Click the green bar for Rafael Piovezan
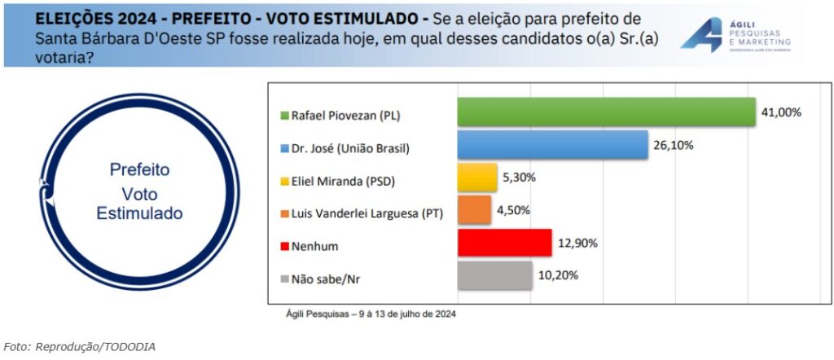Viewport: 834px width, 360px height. pos(606,112)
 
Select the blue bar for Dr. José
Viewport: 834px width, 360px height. pos(552,145)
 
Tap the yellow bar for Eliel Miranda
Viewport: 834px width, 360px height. pos(477,178)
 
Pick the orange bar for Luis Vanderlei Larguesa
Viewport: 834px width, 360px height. pos(474,210)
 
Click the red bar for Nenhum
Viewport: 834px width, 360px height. pos(504,243)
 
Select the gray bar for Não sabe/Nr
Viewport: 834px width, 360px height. pos(494,275)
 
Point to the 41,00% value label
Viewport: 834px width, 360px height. pos(781,112)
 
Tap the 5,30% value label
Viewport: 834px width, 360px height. pos(520,177)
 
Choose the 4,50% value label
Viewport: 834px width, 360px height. pos(513,209)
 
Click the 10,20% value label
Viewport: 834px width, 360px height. pos(558,275)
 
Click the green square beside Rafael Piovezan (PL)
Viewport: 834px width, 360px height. pos(284,116)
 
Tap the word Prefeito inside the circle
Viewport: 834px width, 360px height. pos(139,170)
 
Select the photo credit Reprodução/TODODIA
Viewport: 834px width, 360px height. pos(79,347)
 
